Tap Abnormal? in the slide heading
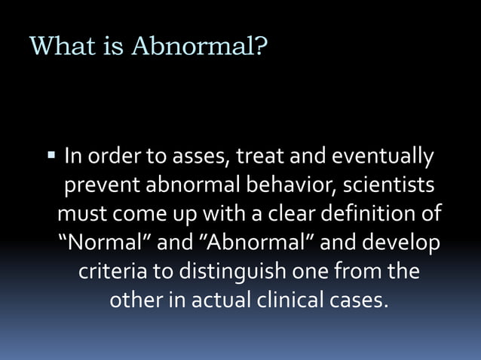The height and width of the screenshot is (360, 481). point(200,47)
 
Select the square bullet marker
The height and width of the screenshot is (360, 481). point(51,157)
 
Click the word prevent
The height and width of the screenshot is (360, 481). point(103,185)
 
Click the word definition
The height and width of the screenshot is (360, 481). point(365,214)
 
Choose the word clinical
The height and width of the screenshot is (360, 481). point(286,300)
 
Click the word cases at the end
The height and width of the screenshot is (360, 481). point(360,300)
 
